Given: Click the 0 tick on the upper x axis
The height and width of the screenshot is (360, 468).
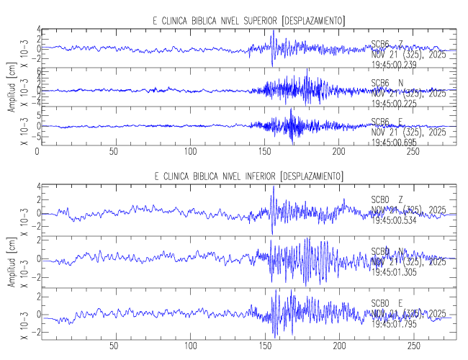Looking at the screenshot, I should point(37,153).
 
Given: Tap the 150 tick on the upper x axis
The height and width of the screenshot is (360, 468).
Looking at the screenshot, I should point(266,153).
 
